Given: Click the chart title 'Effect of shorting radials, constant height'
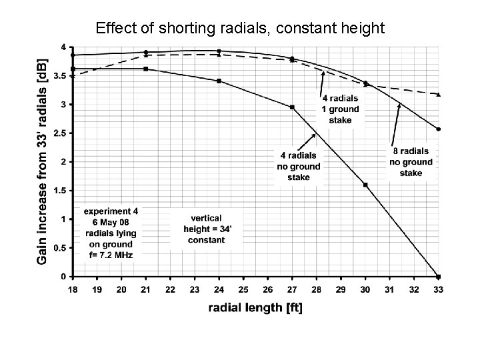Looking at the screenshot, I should (x=240, y=28).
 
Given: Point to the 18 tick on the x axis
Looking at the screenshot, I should (x=72, y=290).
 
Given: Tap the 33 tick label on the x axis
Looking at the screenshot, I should (x=438, y=290).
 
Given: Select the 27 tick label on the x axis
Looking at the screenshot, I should (x=292, y=290).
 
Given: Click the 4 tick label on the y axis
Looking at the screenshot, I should (x=63, y=47).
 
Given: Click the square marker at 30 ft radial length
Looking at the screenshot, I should (x=365, y=185).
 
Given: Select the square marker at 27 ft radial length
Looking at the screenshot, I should (x=292, y=107).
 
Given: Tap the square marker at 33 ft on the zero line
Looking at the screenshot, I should (x=438, y=276).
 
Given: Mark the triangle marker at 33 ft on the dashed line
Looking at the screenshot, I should (x=438, y=95).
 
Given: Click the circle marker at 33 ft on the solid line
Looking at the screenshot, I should (x=438, y=129).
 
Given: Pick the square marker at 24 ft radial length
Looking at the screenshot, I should (x=219, y=81).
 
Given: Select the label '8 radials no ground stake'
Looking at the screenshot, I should (x=411, y=162).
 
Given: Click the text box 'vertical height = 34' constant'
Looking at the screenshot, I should (x=206, y=229).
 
